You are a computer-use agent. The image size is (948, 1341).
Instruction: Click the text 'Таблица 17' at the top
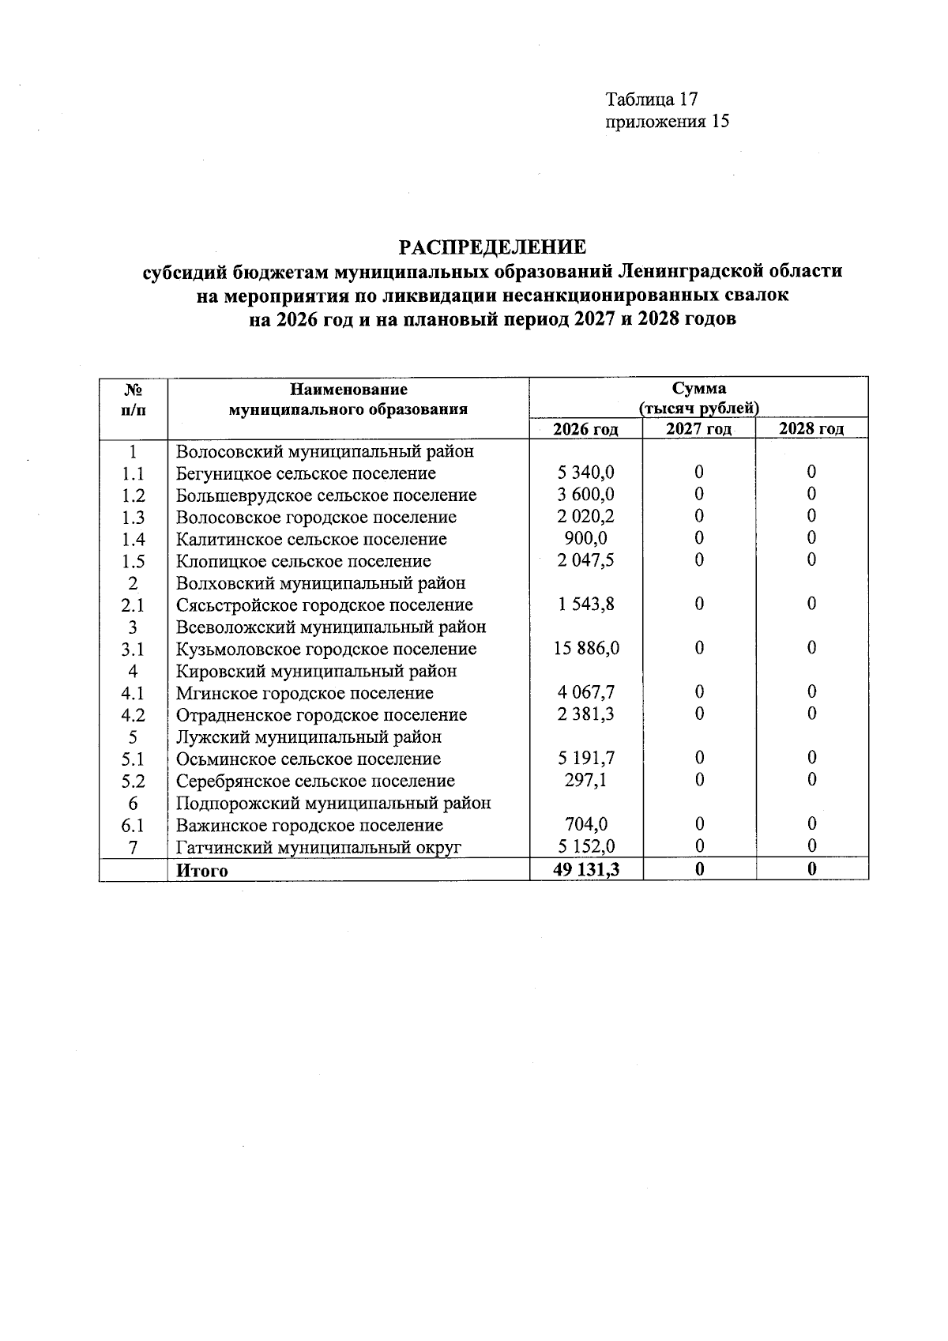(x=652, y=100)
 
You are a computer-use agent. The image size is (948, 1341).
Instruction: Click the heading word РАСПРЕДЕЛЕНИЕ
(x=492, y=247)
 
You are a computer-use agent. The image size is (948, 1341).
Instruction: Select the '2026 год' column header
(x=585, y=429)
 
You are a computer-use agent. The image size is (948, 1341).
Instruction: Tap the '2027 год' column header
(x=698, y=429)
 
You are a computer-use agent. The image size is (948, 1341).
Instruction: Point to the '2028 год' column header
(x=811, y=429)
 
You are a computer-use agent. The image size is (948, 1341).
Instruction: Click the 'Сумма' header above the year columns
(x=699, y=389)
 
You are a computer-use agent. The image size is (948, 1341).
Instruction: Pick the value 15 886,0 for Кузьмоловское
(x=586, y=649)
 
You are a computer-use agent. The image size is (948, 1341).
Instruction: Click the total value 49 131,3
(x=586, y=870)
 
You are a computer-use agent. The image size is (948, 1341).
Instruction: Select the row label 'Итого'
(x=202, y=871)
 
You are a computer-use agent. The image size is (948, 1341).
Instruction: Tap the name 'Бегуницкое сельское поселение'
(x=306, y=473)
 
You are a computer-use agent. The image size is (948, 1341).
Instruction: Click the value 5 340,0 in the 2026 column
(x=586, y=473)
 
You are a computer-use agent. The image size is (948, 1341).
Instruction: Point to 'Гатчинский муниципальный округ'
(x=318, y=848)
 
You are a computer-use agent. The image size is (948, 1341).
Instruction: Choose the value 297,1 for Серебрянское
(x=586, y=781)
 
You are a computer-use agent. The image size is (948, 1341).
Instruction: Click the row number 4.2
(x=133, y=715)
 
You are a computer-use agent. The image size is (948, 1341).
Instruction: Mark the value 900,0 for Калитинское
(x=586, y=539)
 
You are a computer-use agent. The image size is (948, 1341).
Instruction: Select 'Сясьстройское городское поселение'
(x=325, y=605)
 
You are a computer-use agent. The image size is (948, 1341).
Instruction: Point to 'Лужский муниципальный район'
(x=309, y=737)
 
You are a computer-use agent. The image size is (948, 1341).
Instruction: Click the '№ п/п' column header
(x=134, y=399)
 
